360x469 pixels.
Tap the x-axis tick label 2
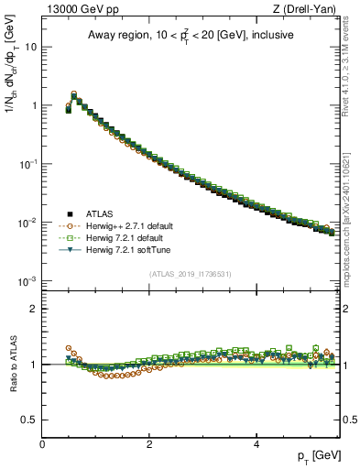(149, 444)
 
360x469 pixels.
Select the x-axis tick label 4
(256, 444)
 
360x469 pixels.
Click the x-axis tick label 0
(42, 444)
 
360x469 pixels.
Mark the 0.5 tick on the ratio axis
(30, 420)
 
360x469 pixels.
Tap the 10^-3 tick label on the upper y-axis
(27, 281)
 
